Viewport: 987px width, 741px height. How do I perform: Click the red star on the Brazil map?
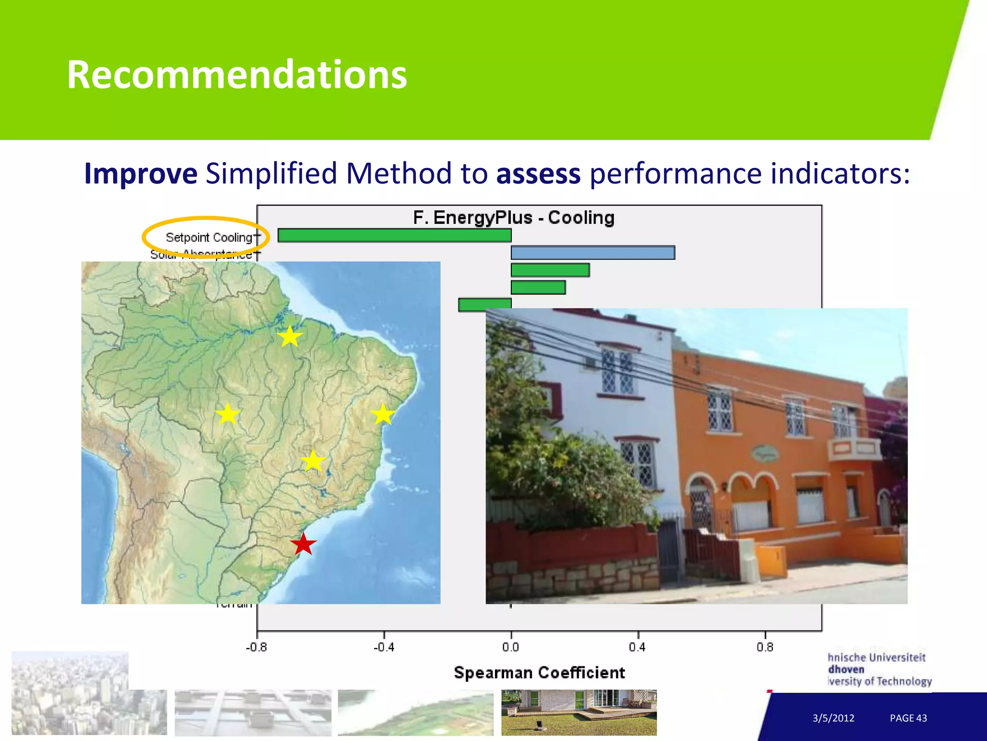(x=303, y=544)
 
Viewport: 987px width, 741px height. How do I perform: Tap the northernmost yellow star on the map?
(x=290, y=336)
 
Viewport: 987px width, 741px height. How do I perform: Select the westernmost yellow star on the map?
(x=227, y=414)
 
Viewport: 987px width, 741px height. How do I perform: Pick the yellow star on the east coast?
(x=383, y=414)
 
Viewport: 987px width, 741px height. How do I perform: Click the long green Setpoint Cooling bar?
(x=394, y=235)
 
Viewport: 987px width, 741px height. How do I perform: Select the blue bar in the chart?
(x=593, y=253)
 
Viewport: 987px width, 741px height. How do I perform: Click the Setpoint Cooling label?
(x=209, y=237)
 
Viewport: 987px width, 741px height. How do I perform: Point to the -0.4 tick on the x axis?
(x=384, y=647)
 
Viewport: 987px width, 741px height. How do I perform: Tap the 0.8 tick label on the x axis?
(x=765, y=647)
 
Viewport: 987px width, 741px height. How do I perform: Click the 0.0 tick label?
(x=511, y=647)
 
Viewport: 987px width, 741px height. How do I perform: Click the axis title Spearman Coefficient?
(x=539, y=672)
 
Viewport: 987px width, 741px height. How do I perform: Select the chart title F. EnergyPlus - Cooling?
(x=514, y=218)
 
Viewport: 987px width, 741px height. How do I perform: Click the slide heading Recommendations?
(x=237, y=75)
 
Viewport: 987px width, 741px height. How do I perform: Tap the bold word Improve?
(x=141, y=174)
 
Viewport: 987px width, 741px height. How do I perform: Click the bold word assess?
(x=538, y=174)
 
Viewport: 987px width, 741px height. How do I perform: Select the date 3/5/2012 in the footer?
(x=833, y=718)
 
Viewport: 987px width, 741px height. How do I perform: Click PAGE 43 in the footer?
(x=908, y=718)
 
